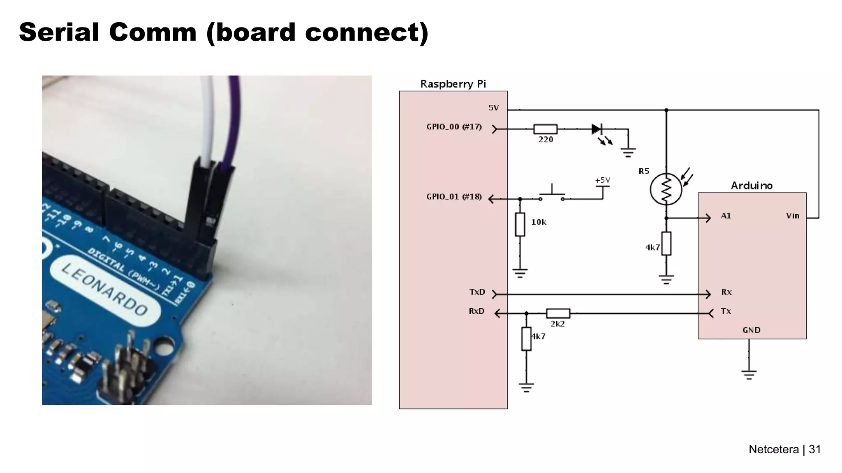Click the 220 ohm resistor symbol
point(545,129)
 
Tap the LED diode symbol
point(597,129)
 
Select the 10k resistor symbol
point(520,224)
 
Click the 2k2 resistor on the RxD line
point(558,314)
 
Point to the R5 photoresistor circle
point(666,190)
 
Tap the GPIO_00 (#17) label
point(454,127)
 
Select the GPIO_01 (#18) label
point(454,197)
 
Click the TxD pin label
point(477,292)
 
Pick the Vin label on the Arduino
point(792,216)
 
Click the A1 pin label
point(726,216)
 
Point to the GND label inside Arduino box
point(751,330)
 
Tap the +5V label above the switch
point(602,180)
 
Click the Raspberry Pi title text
point(453,84)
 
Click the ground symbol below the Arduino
point(749,374)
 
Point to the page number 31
point(814,449)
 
